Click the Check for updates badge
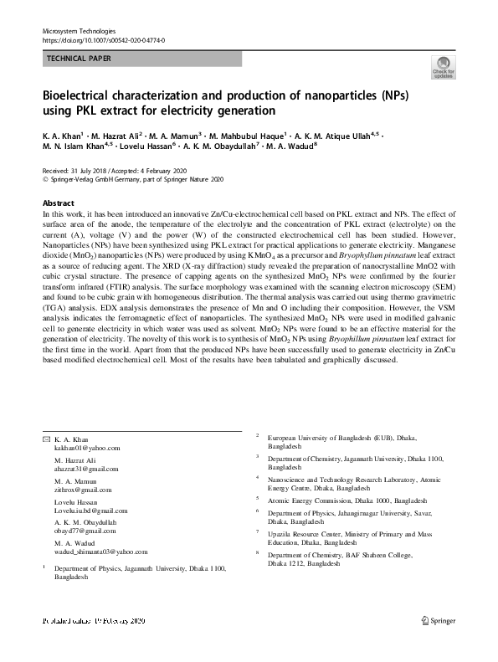click(443, 67)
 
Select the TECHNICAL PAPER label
click(79, 59)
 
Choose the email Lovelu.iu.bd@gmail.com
click(90, 511)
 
